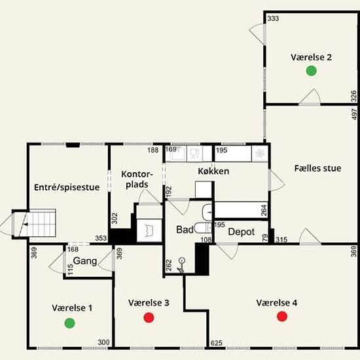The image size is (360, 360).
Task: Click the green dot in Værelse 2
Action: [x=312, y=71]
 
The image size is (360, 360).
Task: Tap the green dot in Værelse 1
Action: [x=69, y=323]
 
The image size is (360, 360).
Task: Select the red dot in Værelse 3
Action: [x=149, y=317]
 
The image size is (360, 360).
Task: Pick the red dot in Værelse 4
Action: [x=282, y=316]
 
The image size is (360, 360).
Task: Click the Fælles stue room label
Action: [x=317, y=168]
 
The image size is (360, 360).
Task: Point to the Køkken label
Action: [x=213, y=171]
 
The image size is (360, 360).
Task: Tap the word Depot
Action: [x=242, y=232]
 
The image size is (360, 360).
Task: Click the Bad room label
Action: [x=185, y=230]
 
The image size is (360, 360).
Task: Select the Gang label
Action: [x=85, y=261]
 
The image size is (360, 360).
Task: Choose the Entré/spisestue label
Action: [x=67, y=187]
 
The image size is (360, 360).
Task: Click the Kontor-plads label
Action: [x=137, y=179]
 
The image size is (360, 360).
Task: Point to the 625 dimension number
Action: [x=216, y=343]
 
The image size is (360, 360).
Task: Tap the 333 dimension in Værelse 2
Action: [x=273, y=18]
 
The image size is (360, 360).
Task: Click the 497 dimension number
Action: [x=354, y=114]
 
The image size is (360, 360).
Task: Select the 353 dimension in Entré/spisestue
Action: [x=101, y=238]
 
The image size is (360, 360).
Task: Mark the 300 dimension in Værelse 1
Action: [x=103, y=342]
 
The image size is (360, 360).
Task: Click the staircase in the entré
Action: [x=39, y=223]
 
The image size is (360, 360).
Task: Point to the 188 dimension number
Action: [x=153, y=150]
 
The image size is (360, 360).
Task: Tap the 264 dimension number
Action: [x=264, y=210]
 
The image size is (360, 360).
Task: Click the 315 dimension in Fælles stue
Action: [x=281, y=240]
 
